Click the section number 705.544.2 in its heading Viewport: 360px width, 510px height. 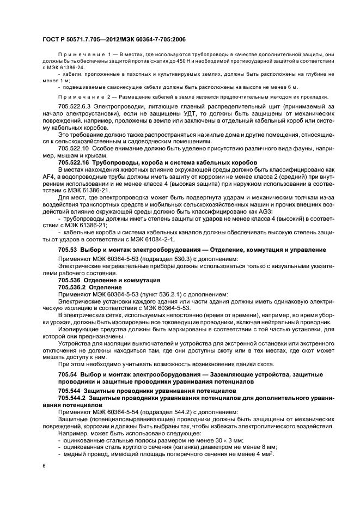72,398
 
